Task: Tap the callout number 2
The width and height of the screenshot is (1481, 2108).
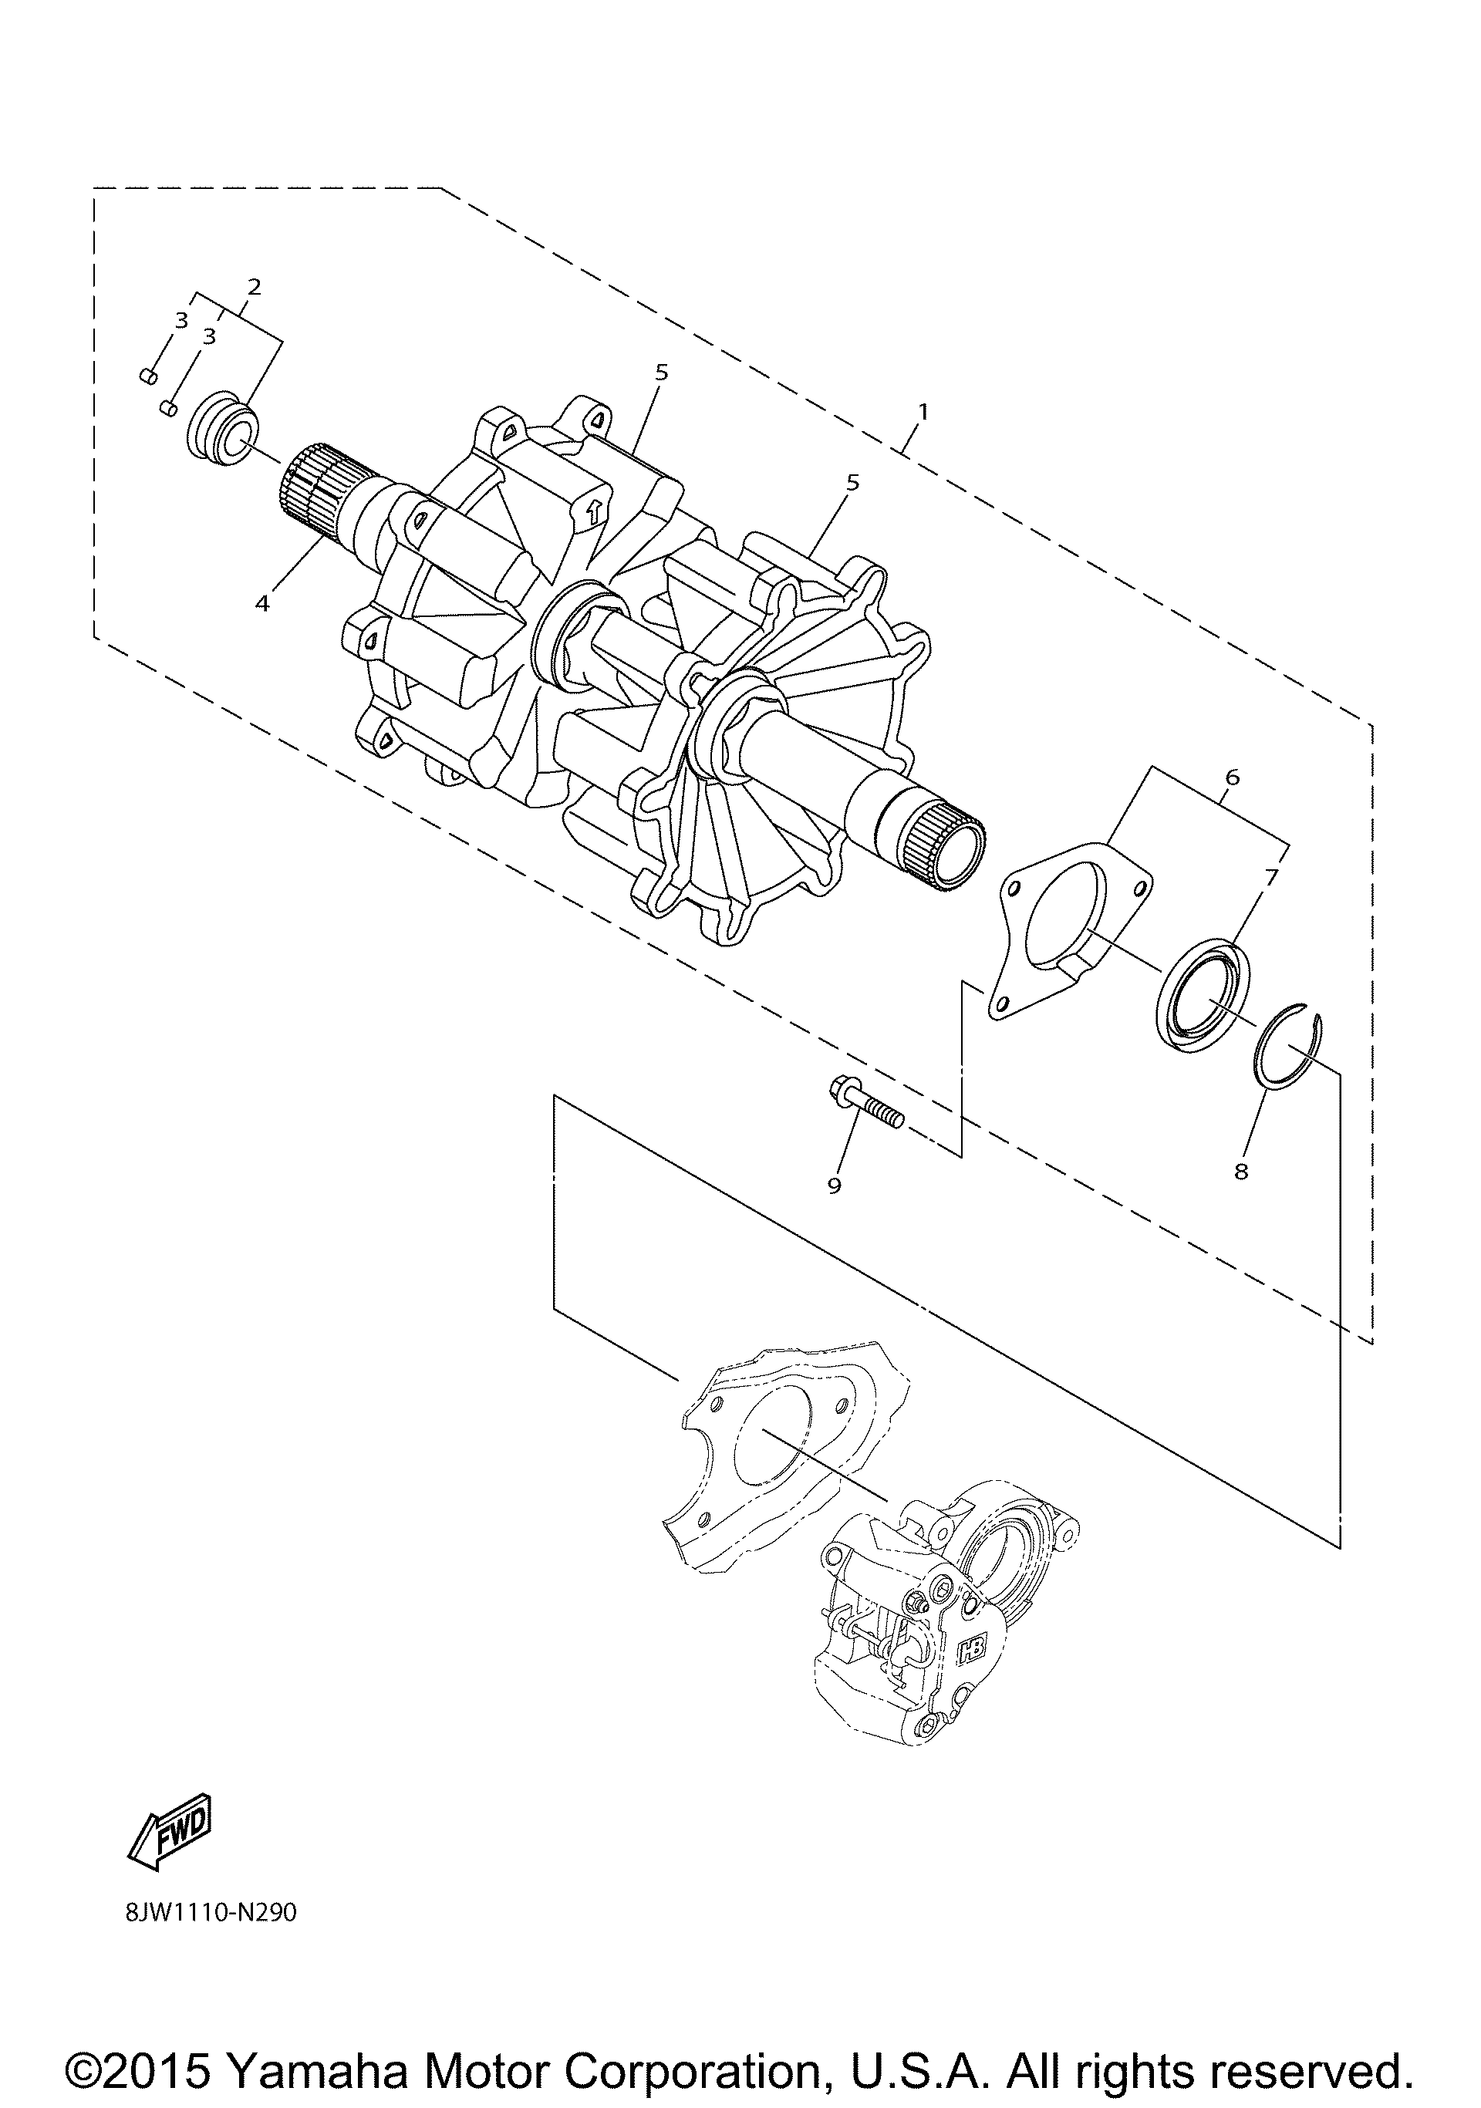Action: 255,286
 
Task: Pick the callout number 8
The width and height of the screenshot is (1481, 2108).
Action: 1241,1172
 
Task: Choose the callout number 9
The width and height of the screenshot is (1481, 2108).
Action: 834,1186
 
